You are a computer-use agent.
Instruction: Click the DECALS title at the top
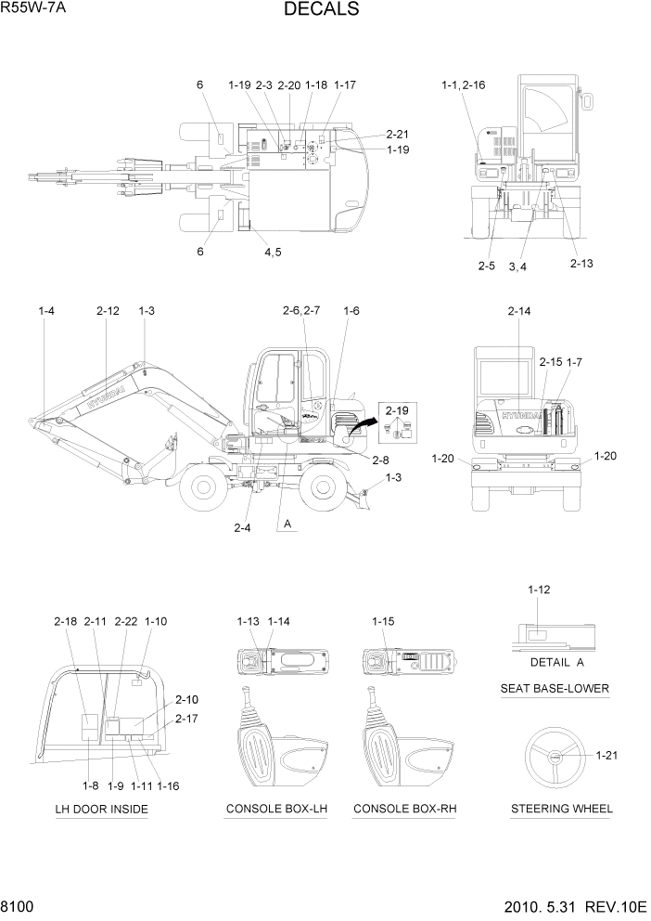[x=322, y=10]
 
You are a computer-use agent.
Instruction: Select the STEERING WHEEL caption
[x=561, y=809]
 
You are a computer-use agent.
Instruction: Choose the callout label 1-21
[x=606, y=755]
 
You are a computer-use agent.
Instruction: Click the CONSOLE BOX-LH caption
[x=276, y=809]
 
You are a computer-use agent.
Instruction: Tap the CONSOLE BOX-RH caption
[x=405, y=809]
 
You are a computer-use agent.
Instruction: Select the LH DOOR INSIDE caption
[x=101, y=809]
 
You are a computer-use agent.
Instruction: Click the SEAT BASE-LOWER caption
[x=555, y=688]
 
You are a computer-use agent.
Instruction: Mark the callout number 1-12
[x=539, y=590]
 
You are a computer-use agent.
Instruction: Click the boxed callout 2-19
[x=397, y=409]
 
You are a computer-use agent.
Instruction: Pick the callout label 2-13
[x=581, y=264]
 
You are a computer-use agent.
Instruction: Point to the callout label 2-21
[x=397, y=134]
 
